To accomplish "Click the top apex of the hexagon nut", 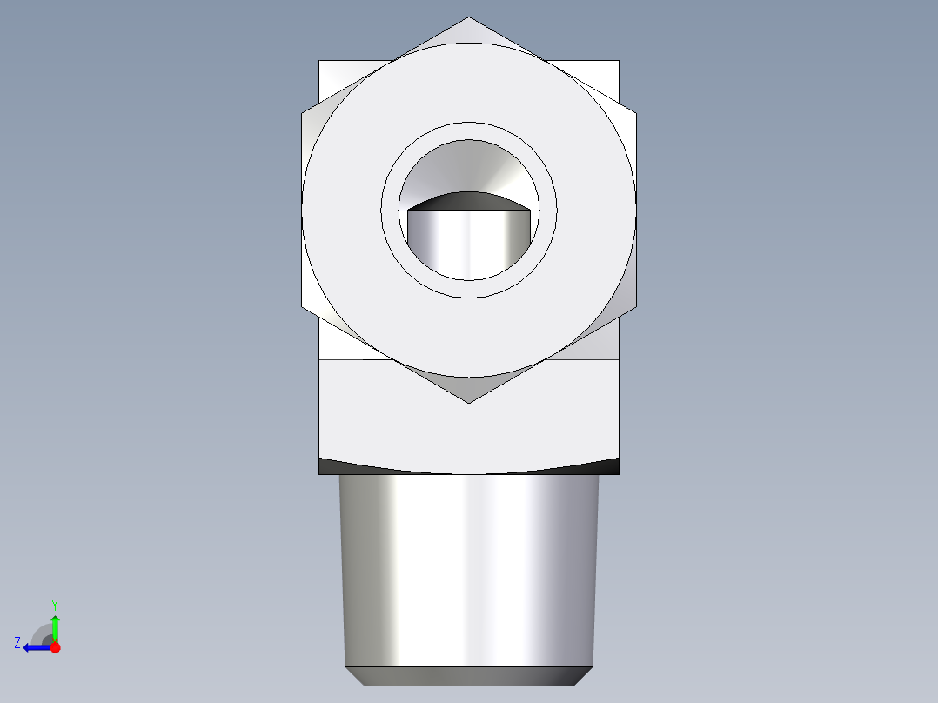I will [x=469, y=17].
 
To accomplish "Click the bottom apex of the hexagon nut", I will [x=469, y=402].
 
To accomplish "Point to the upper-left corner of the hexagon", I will [x=302, y=112].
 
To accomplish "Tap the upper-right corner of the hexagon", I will [x=636, y=112].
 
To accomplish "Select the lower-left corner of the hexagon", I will [x=302, y=307].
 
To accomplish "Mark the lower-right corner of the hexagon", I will [x=636, y=307].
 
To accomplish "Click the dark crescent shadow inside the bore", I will [x=469, y=201].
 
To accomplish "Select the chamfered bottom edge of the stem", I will [x=469, y=676].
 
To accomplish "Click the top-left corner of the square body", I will [x=319, y=61].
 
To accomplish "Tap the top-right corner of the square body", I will [x=619, y=61].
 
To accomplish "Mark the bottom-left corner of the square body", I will [x=319, y=474].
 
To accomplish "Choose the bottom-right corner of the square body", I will [x=619, y=474].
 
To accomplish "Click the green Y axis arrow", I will [x=55, y=625].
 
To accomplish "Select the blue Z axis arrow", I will [x=35, y=647].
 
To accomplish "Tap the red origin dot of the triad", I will [x=55, y=647].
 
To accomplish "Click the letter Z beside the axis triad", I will [x=17, y=643].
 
